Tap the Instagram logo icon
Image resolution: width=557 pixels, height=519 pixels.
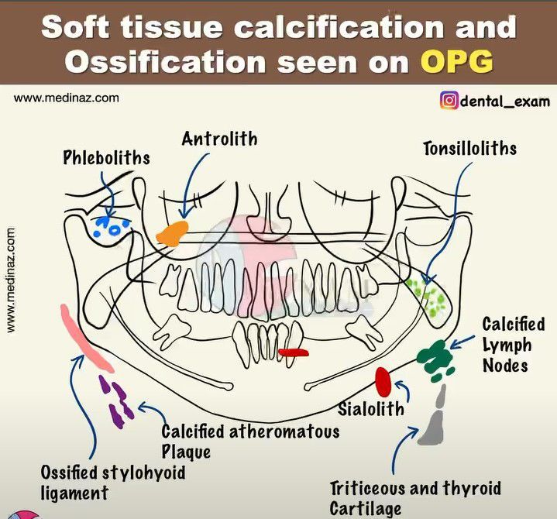coord(449,101)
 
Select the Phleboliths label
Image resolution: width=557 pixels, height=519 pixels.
coord(106,158)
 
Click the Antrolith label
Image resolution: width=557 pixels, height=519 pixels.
coord(219,139)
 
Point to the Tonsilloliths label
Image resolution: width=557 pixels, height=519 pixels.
coord(469,147)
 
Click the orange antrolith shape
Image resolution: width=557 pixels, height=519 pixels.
coord(172,232)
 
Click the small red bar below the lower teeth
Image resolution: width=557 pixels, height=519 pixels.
coord(294,352)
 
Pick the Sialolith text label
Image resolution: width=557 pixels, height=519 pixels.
coord(371,407)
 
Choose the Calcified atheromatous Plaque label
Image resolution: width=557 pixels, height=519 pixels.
coord(249,440)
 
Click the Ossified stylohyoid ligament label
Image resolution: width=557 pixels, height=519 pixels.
coord(112,481)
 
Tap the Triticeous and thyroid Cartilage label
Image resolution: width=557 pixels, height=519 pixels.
coord(414,497)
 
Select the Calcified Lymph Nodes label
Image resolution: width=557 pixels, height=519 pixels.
coord(513,344)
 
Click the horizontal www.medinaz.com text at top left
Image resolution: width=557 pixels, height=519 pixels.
coord(67,98)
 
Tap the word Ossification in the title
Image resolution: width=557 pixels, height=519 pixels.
coord(156,62)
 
